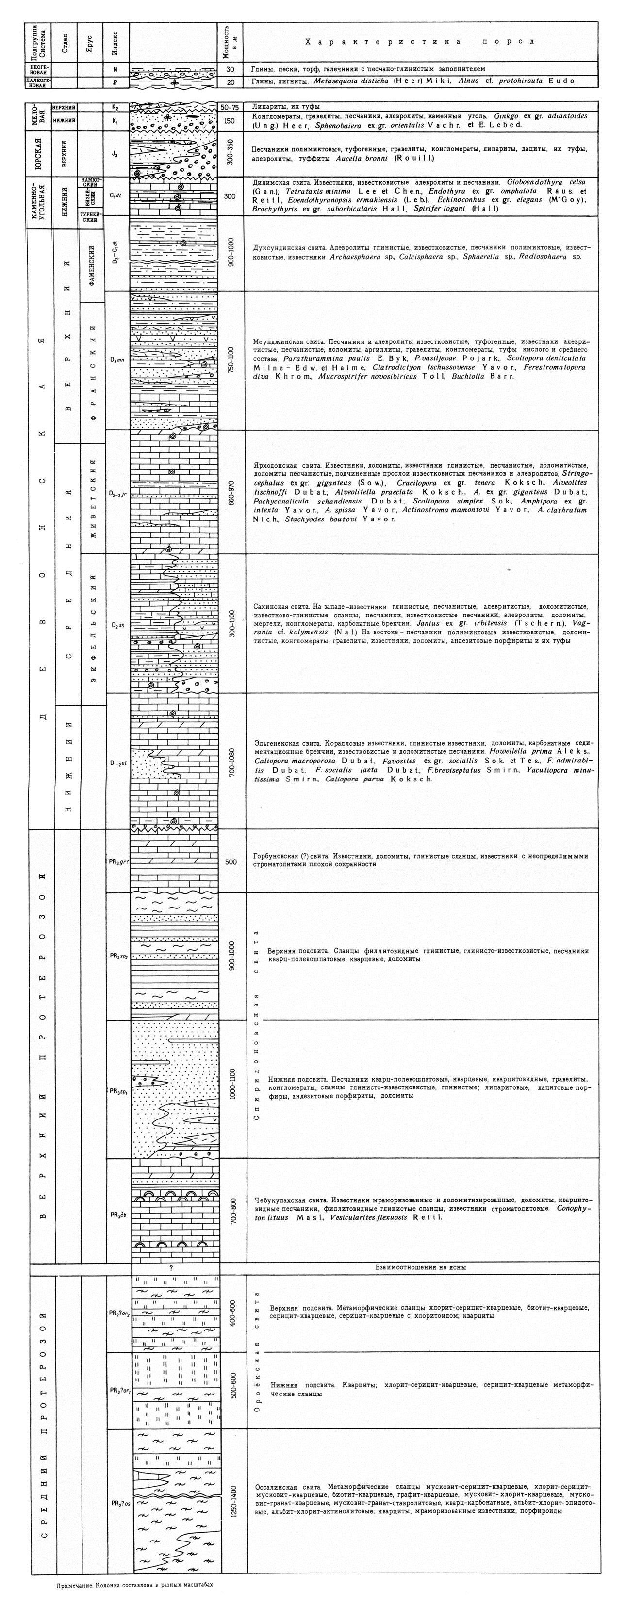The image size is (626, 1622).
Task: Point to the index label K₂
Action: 115,107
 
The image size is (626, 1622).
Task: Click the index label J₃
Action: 115,152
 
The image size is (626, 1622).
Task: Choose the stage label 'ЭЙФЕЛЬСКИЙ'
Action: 93,623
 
